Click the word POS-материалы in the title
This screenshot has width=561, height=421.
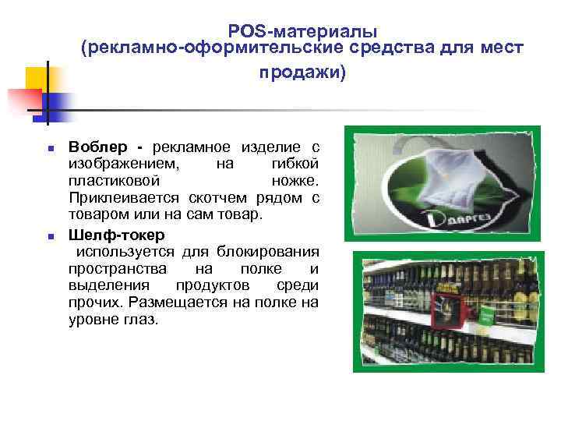[x=303, y=31]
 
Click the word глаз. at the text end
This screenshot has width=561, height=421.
[x=139, y=319]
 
